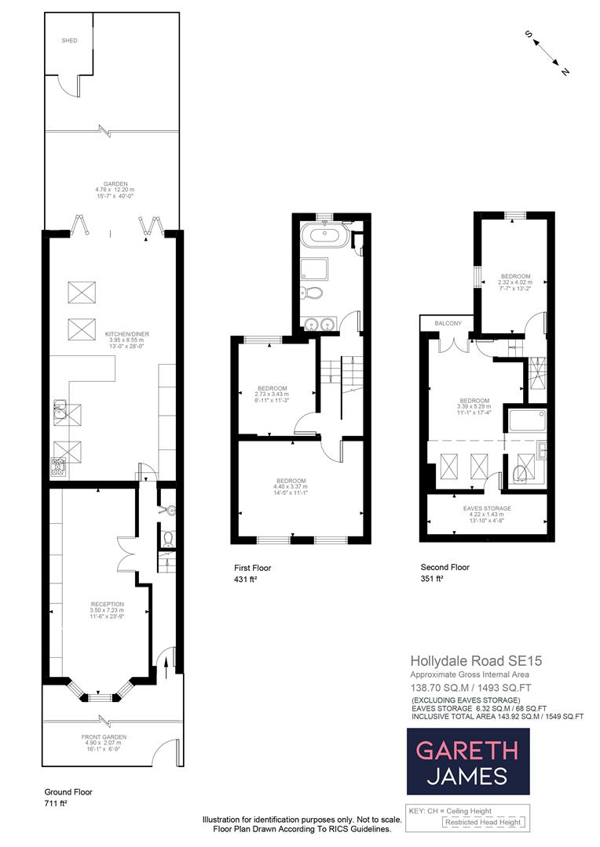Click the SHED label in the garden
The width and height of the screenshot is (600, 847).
[70, 40]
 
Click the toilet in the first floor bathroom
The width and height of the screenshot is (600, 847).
[312, 294]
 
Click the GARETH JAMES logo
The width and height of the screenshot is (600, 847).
[467, 762]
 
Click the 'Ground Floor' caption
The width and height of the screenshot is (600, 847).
[68, 792]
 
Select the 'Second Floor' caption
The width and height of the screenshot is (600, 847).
[445, 567]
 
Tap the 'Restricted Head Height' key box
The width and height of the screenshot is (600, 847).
[482, 822]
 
